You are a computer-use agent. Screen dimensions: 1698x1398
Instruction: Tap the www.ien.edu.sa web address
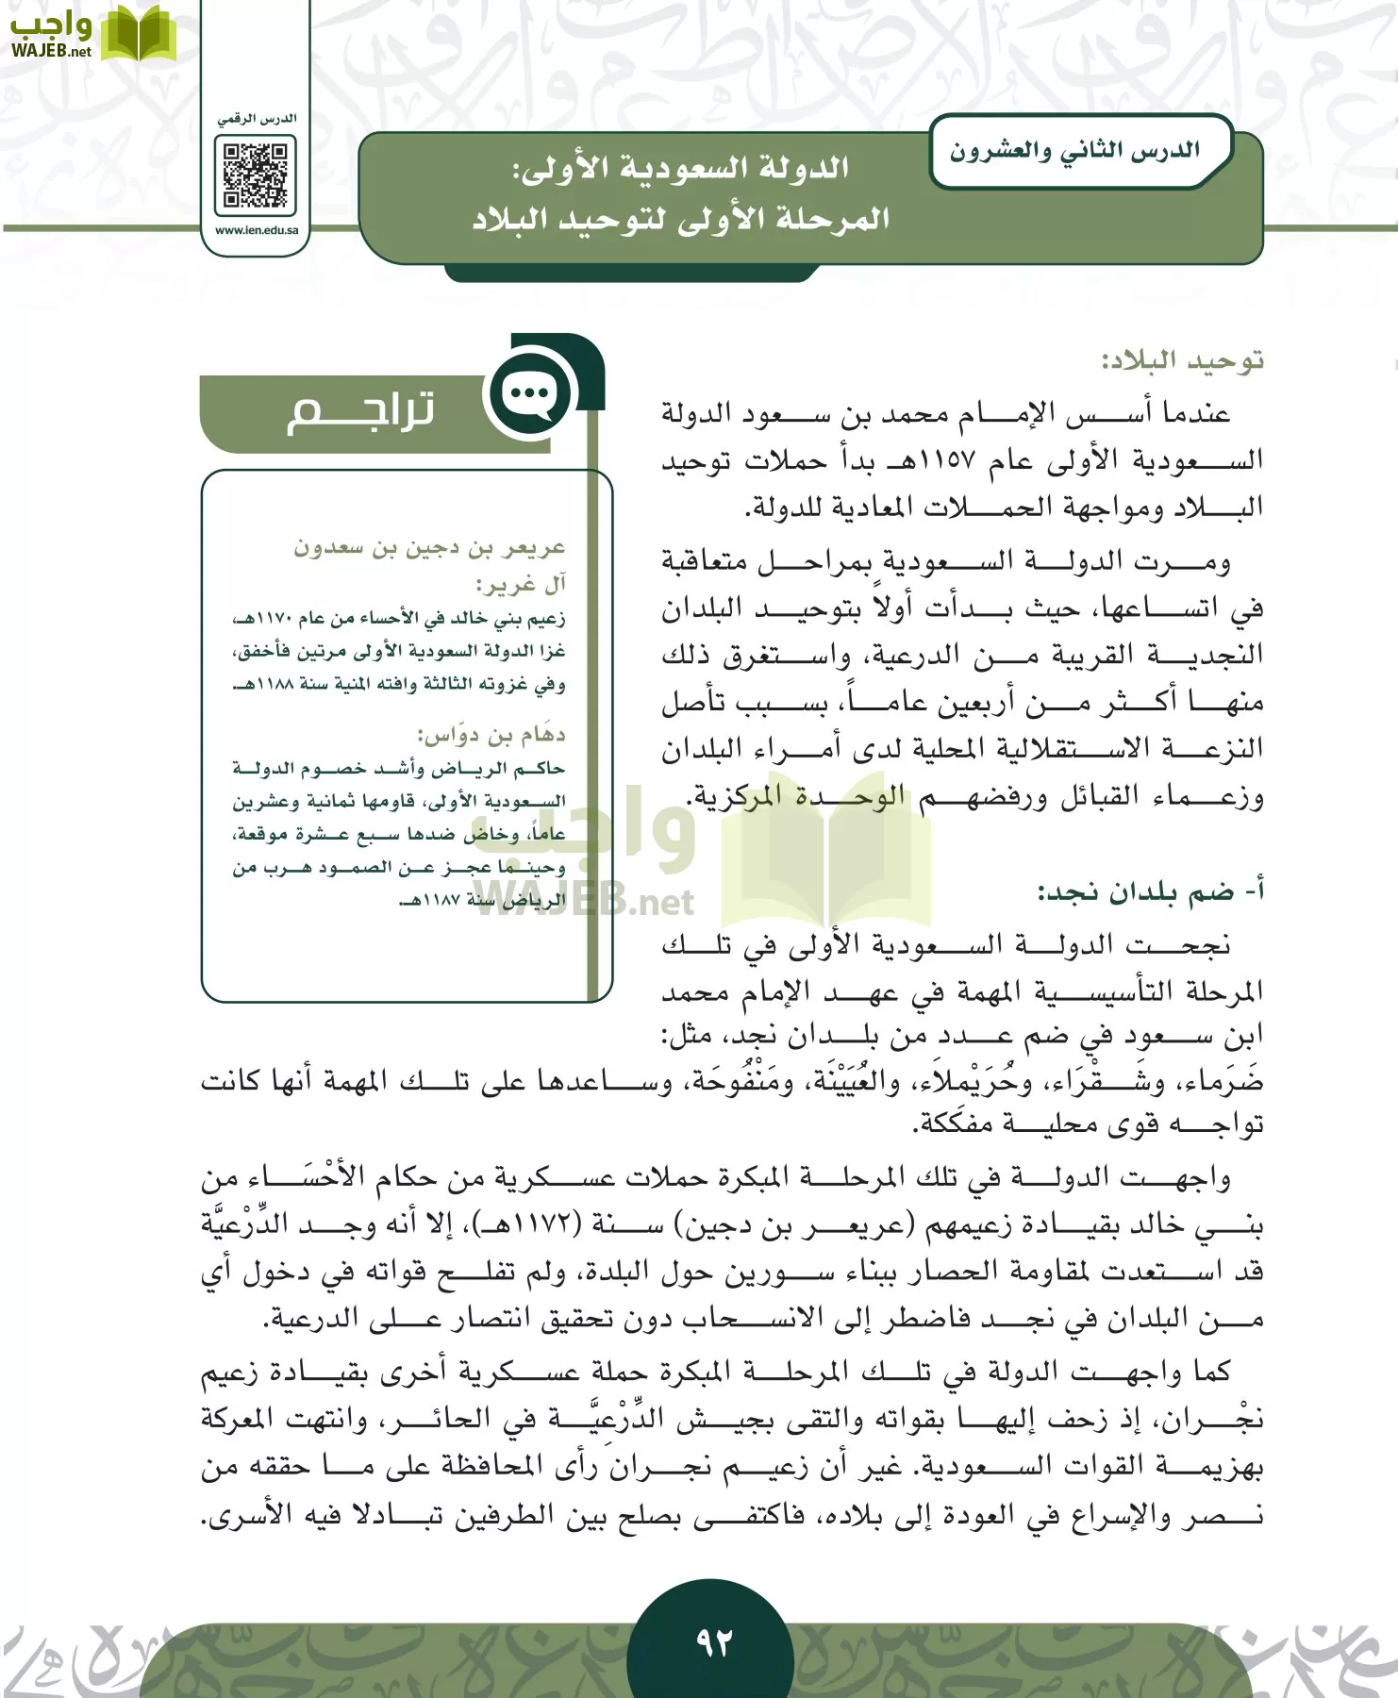(x=256, y=230)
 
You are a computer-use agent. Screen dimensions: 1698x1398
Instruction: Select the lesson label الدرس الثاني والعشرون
(x=1074, y=151)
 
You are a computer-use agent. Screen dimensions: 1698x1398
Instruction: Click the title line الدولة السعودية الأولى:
(x=680, y=169)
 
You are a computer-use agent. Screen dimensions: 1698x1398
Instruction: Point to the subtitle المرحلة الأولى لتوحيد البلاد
(x=680, y=220)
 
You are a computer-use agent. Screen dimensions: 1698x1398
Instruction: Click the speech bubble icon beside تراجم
(x=529, y=393)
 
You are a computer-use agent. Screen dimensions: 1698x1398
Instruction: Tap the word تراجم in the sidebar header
(x=360, y=411)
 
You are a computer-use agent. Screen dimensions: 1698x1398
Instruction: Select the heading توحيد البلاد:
(x=1182, y=361)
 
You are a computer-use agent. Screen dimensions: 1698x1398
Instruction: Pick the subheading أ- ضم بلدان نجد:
(x=1150, y=891)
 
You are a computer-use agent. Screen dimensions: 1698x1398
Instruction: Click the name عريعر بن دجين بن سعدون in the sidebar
(x=429, y=548)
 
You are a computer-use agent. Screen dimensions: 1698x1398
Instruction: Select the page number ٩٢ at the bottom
(x=714, y=1642)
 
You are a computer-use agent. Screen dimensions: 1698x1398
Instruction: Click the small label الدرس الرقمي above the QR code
(x=257, y=119)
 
